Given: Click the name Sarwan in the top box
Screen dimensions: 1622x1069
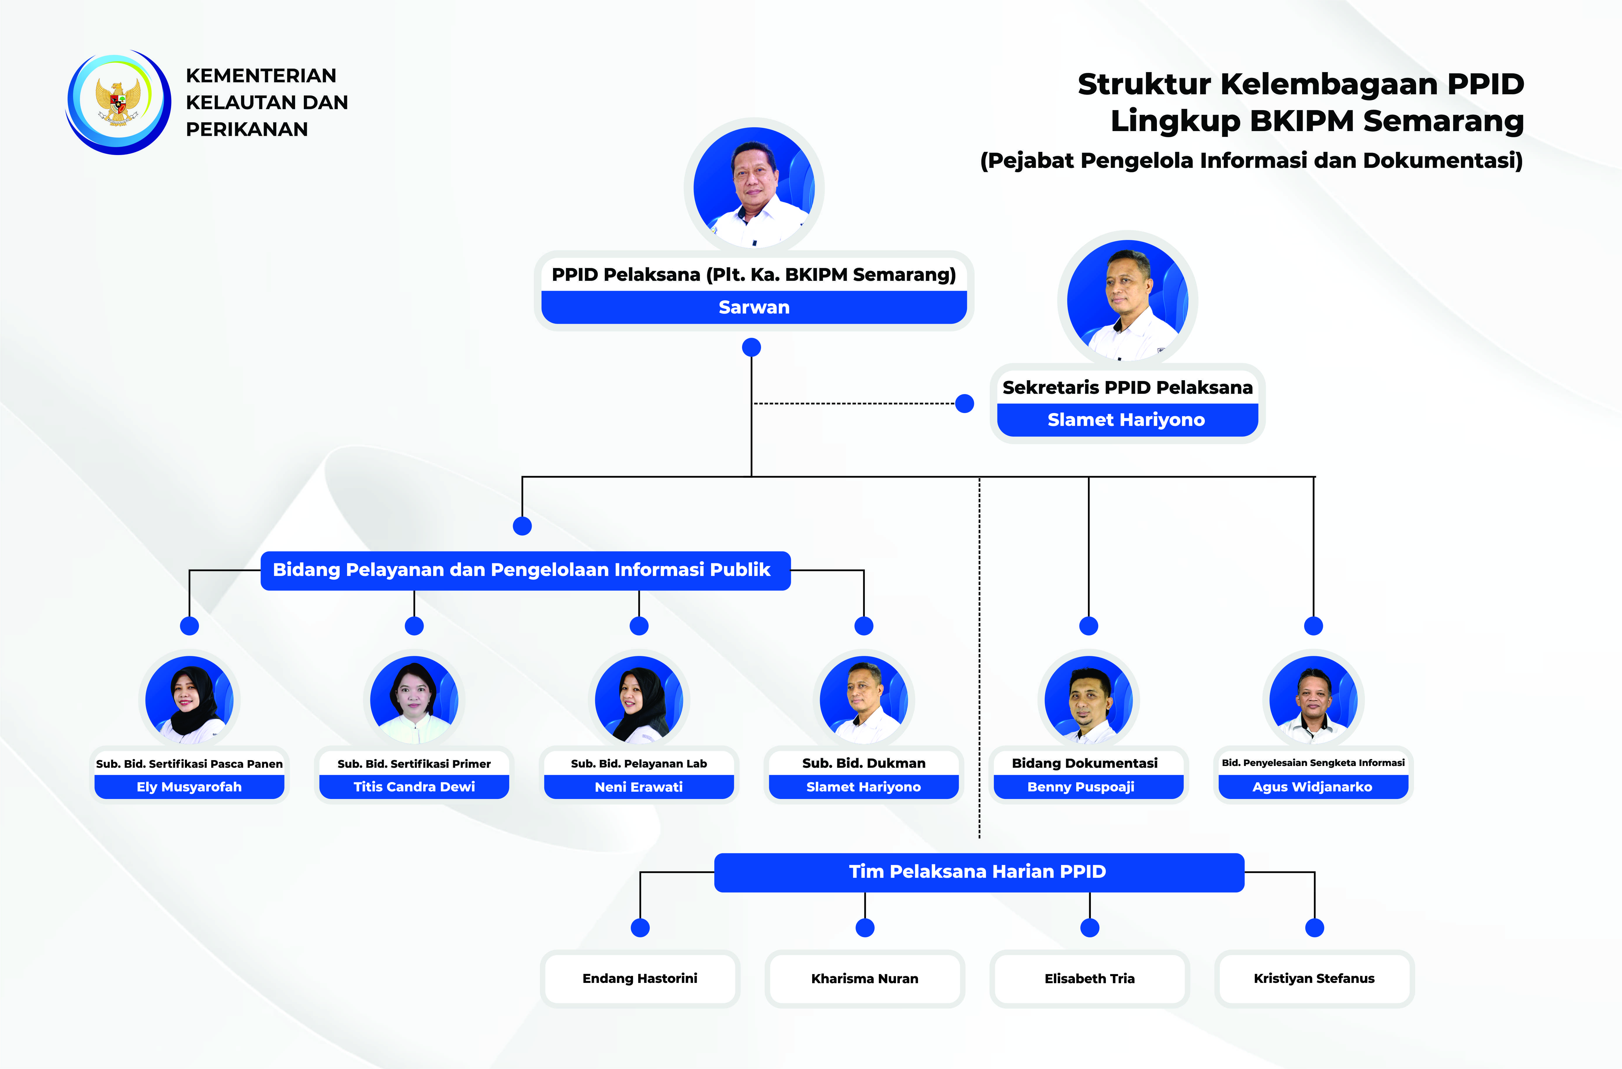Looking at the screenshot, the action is tap(754, 307).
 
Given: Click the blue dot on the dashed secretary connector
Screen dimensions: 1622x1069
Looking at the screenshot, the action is tap(964, 404).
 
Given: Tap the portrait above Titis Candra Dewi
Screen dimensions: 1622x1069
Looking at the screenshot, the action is tap(414, 699).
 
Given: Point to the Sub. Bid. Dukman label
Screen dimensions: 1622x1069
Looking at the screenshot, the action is tap(864, 763).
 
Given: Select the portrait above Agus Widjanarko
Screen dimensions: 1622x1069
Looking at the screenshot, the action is tap(1313, 699).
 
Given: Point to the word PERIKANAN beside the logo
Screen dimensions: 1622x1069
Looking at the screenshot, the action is tap(247, 130).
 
